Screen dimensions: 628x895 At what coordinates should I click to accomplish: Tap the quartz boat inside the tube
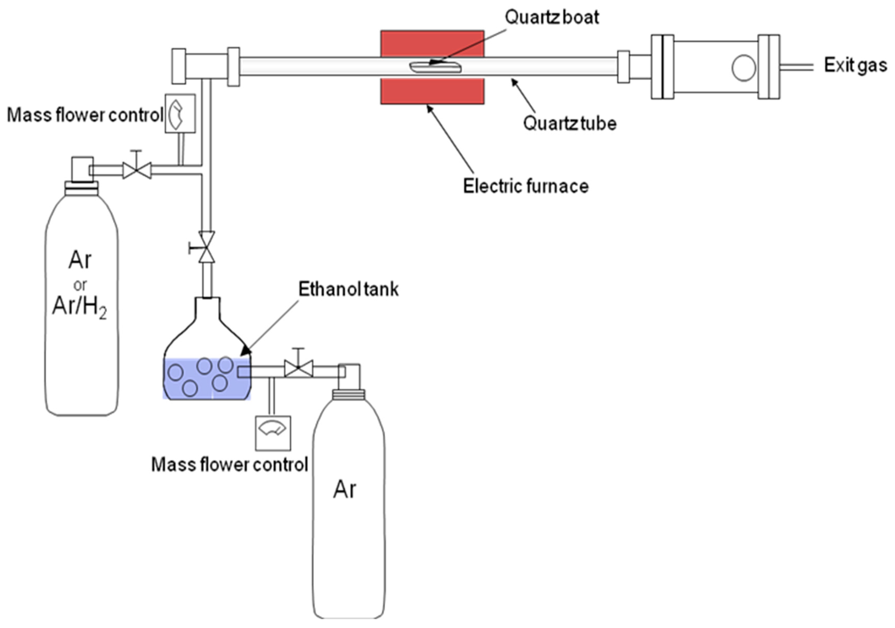click(x=435, y=67)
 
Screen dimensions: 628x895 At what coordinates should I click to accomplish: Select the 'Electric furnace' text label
click(x=525, y=186)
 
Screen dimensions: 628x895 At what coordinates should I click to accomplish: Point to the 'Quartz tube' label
click(x=569, y=123)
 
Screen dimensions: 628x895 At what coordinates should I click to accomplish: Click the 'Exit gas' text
click(x=855, y=65)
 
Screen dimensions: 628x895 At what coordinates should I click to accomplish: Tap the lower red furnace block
click(x=432, y=91)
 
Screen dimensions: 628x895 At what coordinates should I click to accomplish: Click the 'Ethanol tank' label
click(x=348, y=289)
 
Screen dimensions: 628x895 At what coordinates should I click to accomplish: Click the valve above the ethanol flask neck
click(x=207, y=247)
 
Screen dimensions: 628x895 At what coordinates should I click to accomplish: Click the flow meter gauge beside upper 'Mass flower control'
click(x=180, y=113)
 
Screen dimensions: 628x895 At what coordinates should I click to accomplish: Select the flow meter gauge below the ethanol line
click(x=273, y=433)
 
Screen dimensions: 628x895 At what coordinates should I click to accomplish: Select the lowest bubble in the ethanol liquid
click(x=190, y=388)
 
